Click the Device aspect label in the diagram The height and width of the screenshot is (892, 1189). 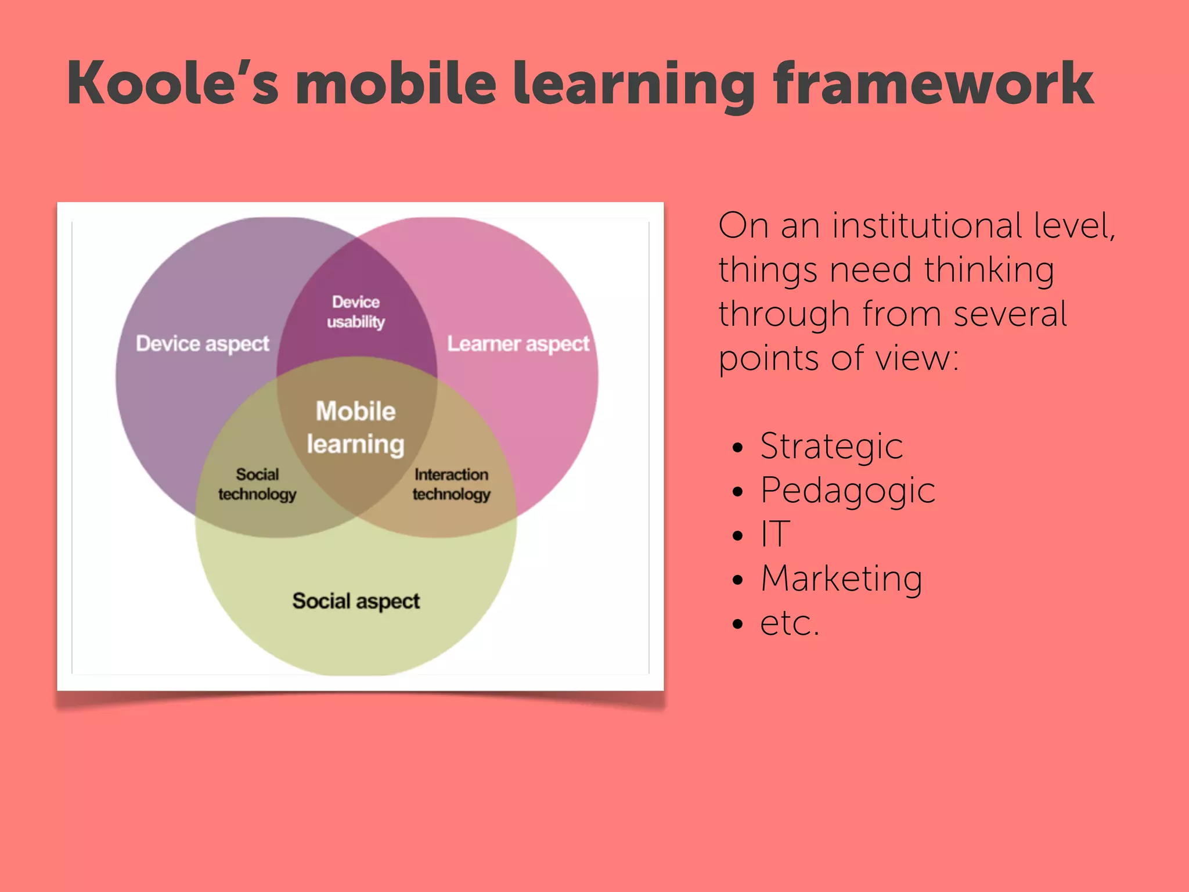click(x=202, y=344)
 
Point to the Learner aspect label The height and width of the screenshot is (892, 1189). click(x=518, y=344)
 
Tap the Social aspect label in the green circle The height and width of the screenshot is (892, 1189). click(x=356, y=601)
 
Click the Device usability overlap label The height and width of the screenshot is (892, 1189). click(x=356, y=312)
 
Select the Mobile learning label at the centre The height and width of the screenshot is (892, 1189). click(x=356, y=427)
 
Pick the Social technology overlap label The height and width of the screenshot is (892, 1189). click(x=257, y=484)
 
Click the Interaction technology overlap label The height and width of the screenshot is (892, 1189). click(x=451, y=484)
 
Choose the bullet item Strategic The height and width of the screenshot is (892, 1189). click(x=831, y=447)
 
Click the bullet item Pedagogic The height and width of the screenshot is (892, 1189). click(x=848, y=491)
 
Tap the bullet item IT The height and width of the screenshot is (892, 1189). click(x=776, y=534)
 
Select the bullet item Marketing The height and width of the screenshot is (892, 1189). click(x=841, y=579)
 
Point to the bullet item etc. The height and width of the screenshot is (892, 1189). click(x=790, y=623)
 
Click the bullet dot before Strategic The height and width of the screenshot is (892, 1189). click(x=738, y=448)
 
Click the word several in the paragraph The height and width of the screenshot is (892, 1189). click(x=1010, y=314)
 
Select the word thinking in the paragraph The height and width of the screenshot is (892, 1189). click(x=989, y=271)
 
